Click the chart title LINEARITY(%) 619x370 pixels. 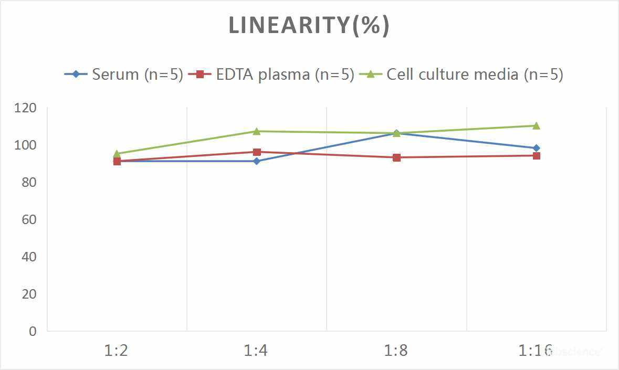click(x=309, y=26)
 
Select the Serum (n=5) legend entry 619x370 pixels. click(x=124, y=74)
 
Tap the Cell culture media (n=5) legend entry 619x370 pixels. click(x=461, y=74)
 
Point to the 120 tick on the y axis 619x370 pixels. click(x=26, y=108)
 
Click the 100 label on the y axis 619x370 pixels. click(x=26, y=145)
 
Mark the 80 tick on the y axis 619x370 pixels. click(x=29, y=182)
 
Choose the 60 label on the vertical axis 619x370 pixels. click(x=29, y=219)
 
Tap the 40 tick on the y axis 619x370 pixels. click(x=29, y=257)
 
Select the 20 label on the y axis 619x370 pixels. click(x=29, y=294)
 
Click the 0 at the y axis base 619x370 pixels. click(x=33, y=331)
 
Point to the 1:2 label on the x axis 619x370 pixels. click(x=117, y=350)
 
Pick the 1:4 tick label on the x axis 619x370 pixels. click(x=256, y=350)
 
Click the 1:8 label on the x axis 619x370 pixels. click(x=396, y=350)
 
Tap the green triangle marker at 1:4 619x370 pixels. click(x=257, y=131)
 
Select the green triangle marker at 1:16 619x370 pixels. click(x=536, y=125)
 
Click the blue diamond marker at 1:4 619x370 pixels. click(x=257, y=161)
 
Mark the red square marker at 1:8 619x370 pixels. click(x=396, y=157)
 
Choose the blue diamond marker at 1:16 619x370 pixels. click(x=536, y=148)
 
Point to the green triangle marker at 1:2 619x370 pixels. click(x=117, y=154)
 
